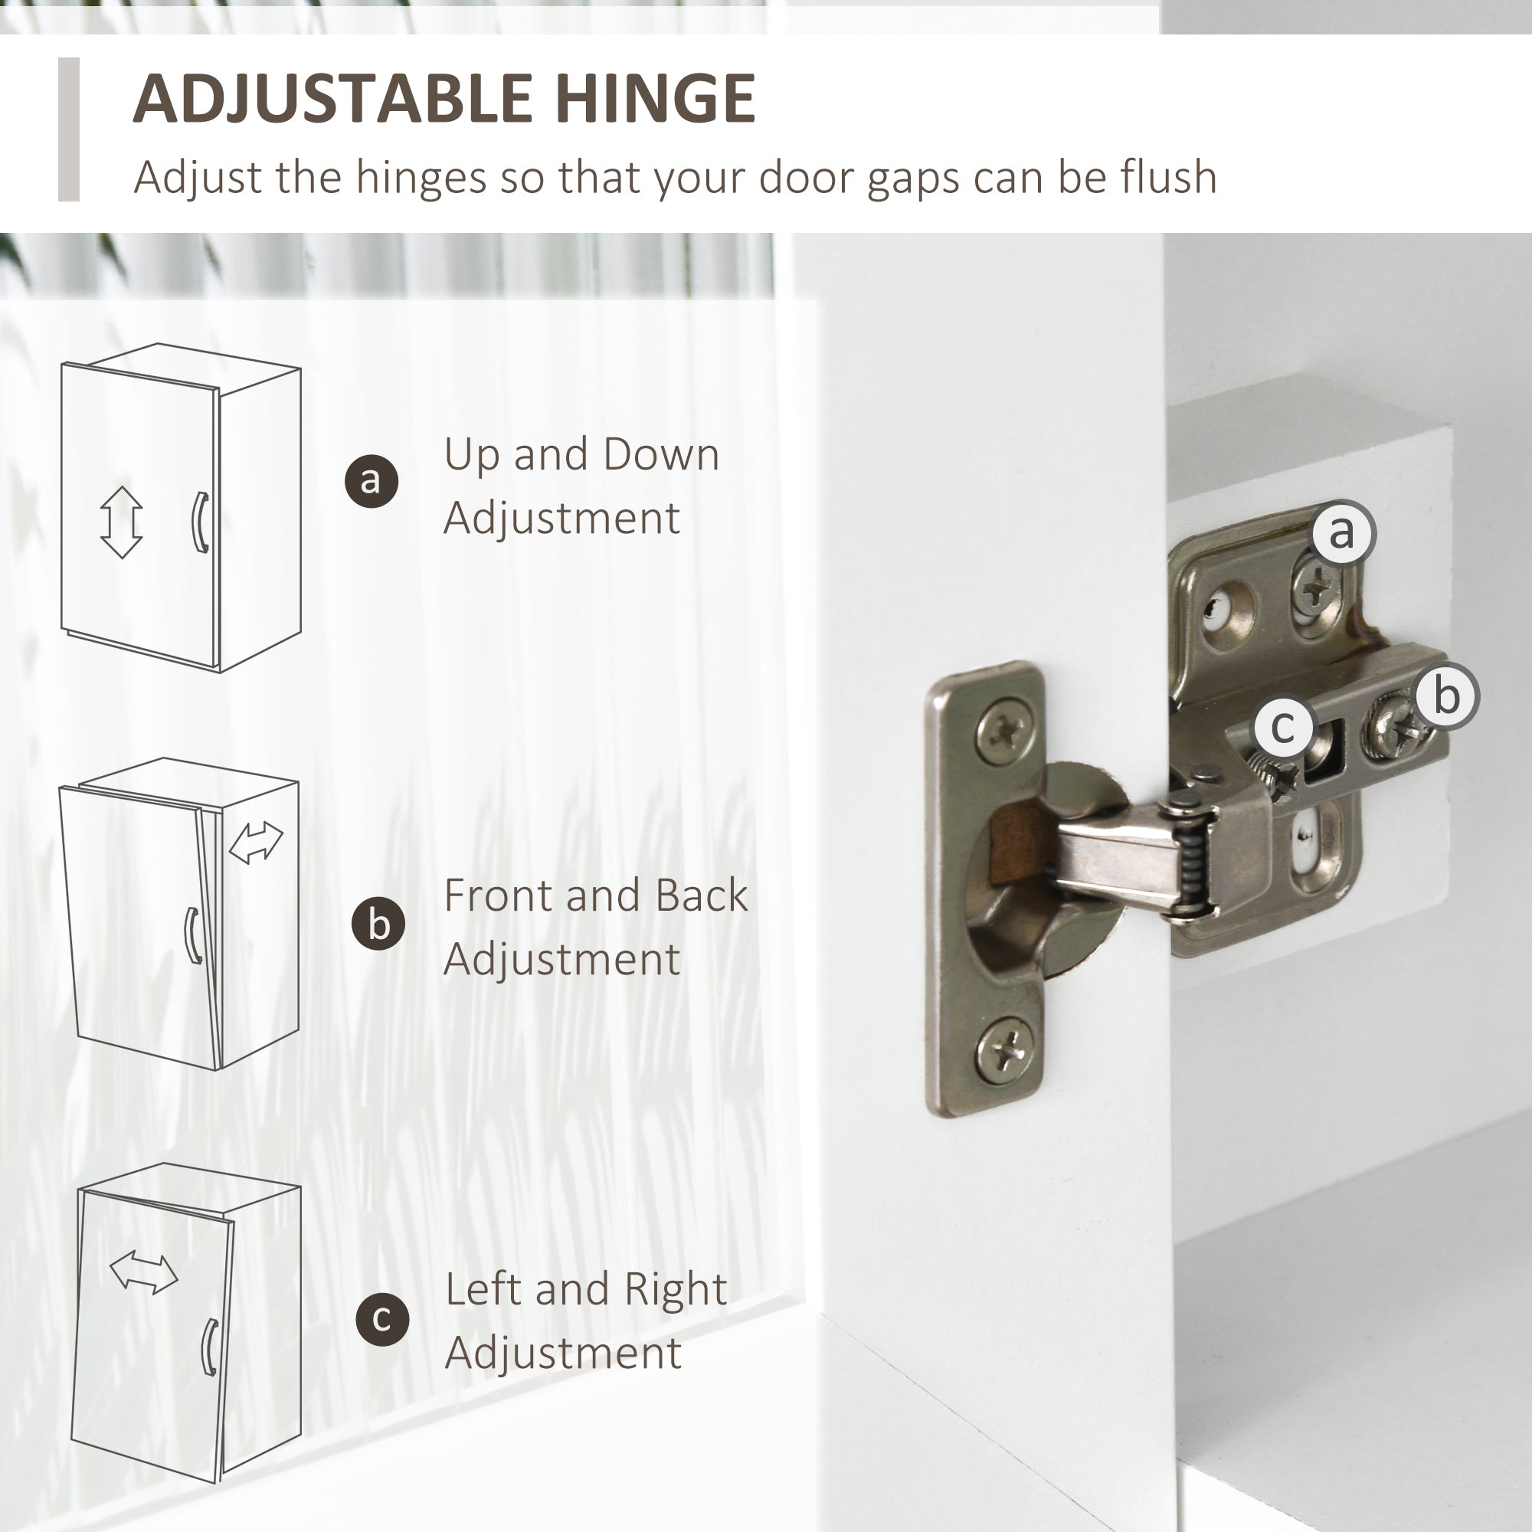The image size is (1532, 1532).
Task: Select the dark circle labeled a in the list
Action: click(x=371, y=480)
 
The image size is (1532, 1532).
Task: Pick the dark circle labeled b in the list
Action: click(x=378, y=924)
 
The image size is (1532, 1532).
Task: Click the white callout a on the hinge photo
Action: click(x=1343, y=532)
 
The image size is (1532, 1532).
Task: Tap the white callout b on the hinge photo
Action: click(x=1447, y=696)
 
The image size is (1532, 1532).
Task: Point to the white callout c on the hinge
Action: click(x=1283, y=726)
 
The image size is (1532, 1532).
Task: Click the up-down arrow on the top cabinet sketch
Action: click(x=121, y=522)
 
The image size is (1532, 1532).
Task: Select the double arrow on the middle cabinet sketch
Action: click(x=255, y=842)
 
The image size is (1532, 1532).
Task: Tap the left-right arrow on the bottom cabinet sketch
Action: click(x=143, y=1272)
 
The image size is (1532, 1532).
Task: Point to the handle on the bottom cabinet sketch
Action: click(x=209, y=1347)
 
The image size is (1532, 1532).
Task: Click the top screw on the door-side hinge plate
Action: click(x=1004, y=726)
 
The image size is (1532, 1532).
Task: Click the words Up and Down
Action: click(x=581, y=455)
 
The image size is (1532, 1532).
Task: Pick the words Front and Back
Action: click(x=595, y=895)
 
